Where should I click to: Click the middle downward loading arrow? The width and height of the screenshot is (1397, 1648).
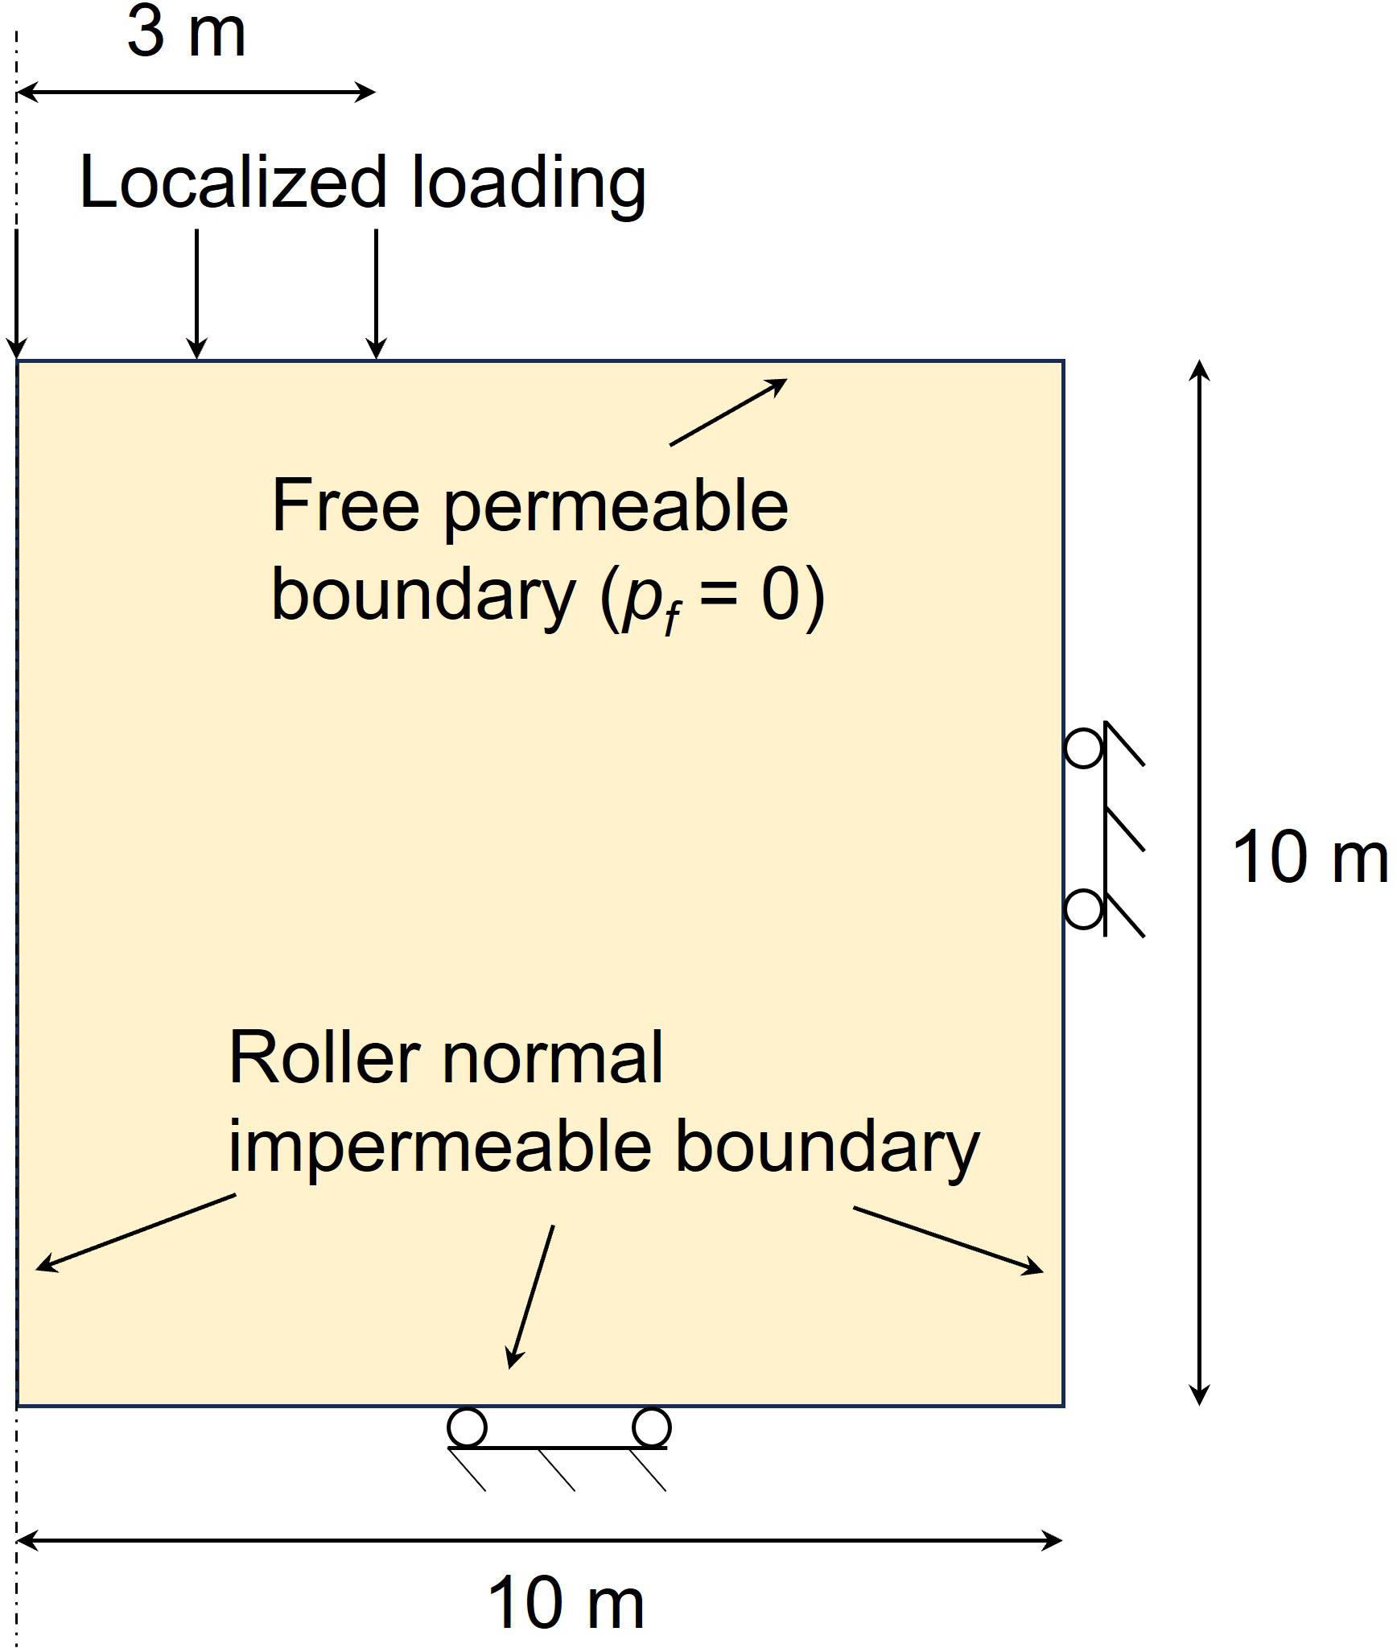click(x=197, y=294)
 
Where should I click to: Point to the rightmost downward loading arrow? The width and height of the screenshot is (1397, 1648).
click(x=377, y=294)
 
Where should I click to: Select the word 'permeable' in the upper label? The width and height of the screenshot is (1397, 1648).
click(x=616, y=509)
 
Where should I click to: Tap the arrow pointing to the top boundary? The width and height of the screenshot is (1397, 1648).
click(x=728, y=411)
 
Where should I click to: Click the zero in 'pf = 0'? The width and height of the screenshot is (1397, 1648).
click(x=781, y=595)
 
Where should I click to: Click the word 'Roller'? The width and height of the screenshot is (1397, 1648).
click(x=325, y=1057)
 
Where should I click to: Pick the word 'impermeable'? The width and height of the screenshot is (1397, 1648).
click(x=439, y=1147)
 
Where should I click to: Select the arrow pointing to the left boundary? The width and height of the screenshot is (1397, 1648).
click(x=135, y=1232)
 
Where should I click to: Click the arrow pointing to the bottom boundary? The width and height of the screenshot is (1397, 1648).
click(x=531, y=1296)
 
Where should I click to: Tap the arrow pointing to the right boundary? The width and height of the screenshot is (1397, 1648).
click(x=948, y=1240)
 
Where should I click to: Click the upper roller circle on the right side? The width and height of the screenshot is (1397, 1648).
click(x=1083, y=748)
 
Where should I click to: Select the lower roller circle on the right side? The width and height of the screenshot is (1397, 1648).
click(x=1083, y=910)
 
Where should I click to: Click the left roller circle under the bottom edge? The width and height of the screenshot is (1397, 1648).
click(x=467, y=1428)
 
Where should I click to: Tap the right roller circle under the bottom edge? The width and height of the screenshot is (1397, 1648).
click(x=651, y=1428)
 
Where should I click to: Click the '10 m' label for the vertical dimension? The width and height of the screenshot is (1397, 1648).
click(x=1309, y=859)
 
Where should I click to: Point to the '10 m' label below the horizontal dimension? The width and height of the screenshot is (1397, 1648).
click(x=566, y=1603)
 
